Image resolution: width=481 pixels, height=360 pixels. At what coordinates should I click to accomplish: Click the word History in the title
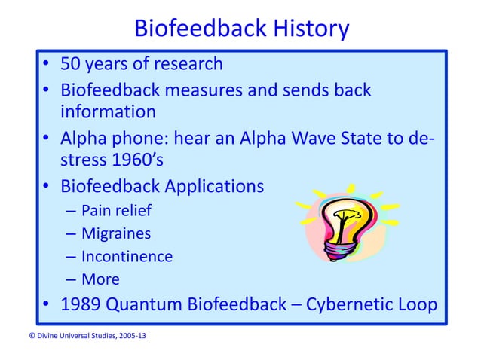tap(305, 29)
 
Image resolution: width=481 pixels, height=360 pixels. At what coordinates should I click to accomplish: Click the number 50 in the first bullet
tap(74, 64)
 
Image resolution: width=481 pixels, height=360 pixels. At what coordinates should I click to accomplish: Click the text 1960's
tap(136, 160)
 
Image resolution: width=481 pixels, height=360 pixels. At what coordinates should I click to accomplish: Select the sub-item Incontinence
tap(127, 256)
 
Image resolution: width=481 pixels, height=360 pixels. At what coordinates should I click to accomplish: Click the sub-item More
tap(100, 279)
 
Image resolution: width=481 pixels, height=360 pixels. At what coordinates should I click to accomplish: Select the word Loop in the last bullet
tap(417, 305)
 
